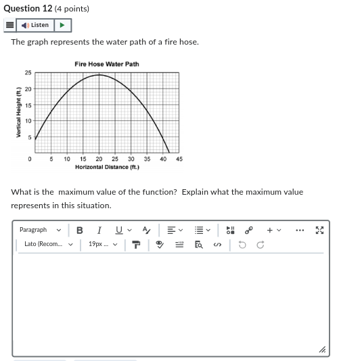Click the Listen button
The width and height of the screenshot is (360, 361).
37,25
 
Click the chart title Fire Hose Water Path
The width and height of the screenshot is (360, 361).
107,64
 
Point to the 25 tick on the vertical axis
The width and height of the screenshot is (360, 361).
28,72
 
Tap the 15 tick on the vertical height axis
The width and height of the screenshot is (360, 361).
28,105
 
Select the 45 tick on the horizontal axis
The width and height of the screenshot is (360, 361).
179,159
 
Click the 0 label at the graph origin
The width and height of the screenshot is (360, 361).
30,159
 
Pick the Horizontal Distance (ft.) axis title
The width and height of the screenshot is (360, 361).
107,167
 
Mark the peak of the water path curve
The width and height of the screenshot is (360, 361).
99,74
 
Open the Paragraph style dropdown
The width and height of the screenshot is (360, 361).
40,230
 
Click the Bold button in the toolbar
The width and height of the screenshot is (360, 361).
80,230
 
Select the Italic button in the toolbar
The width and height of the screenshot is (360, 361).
99,230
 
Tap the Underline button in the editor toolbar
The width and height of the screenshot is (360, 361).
119,230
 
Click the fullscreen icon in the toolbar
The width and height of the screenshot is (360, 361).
320,230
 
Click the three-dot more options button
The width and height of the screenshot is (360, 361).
300,230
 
